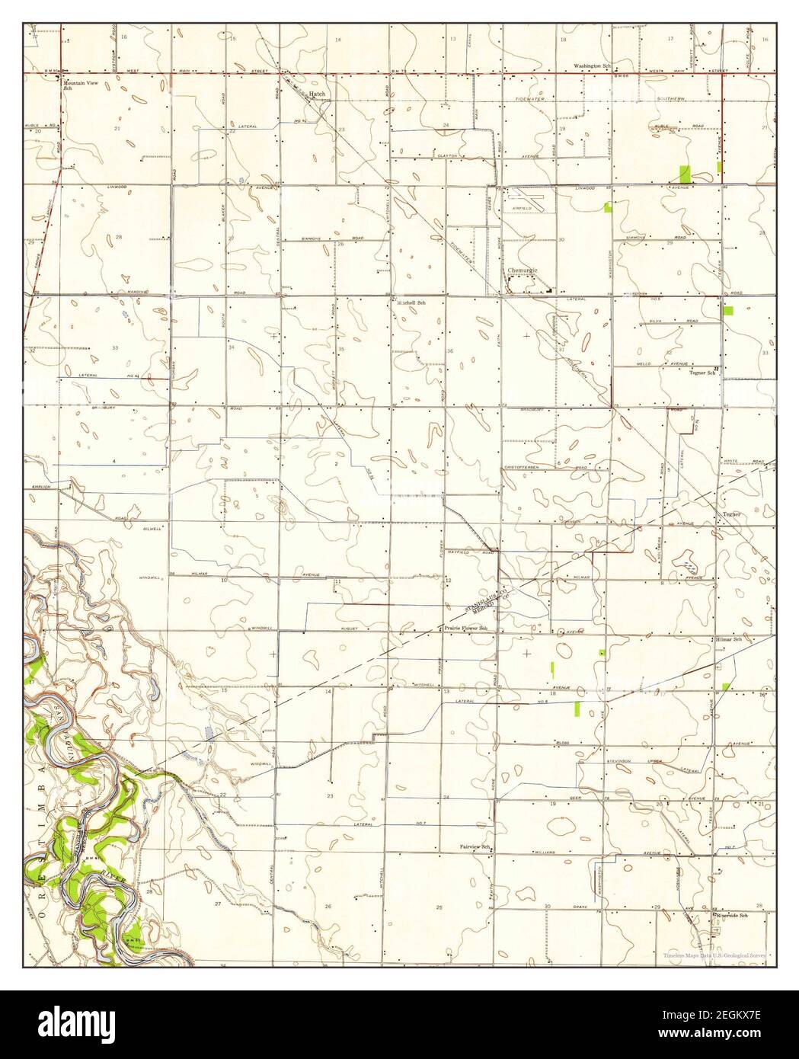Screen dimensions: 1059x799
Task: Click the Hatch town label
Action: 318,94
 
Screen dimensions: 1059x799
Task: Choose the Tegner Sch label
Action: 703,373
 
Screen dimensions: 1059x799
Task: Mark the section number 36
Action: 450,350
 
